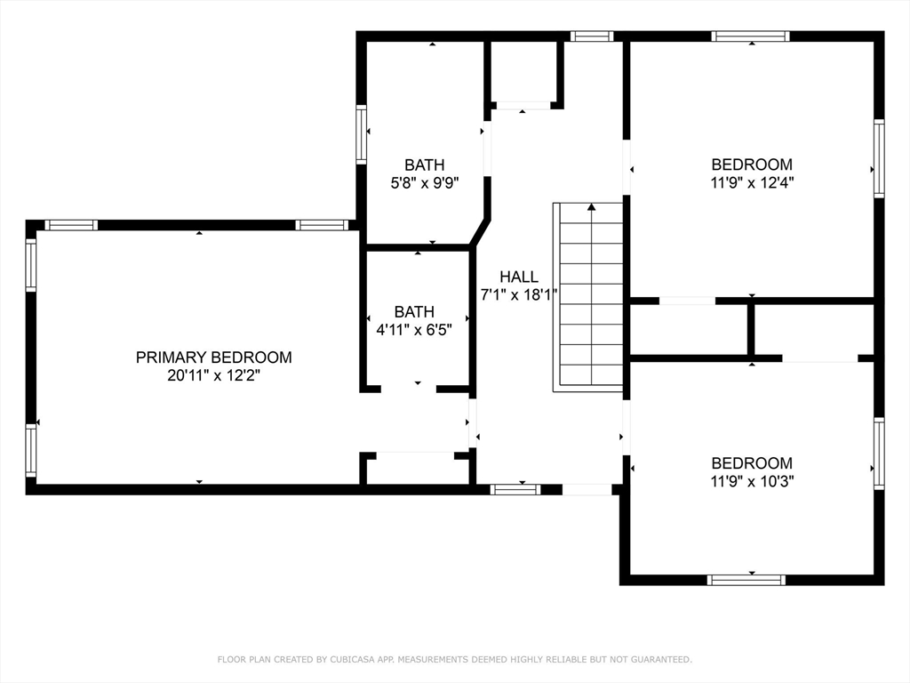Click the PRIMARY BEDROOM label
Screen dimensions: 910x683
[213, 358]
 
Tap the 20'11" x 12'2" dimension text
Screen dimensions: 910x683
[213, 376]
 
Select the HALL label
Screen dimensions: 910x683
[519, 277]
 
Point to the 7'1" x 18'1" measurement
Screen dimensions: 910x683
[519, 295]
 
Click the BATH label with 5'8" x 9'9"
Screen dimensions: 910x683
[425, 165]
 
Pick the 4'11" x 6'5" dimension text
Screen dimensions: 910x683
[414, 331]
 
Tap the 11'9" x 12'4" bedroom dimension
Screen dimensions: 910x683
[752, 183]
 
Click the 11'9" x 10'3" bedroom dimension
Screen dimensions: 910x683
[752, 481]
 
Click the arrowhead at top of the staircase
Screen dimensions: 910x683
[591, 206]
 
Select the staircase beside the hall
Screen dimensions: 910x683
[588, 297]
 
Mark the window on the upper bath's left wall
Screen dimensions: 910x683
[361, 135]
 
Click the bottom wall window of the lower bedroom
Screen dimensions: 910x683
[746, 580]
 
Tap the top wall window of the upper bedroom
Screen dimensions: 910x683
[751, 36]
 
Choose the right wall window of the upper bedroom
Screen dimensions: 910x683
[879, 158]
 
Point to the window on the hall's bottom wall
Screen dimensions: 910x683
[515, 490]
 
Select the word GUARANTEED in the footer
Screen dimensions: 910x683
[661, 659]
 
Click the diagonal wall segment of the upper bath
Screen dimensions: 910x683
[481, 231]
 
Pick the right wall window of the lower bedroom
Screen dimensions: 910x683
[879, 453]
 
